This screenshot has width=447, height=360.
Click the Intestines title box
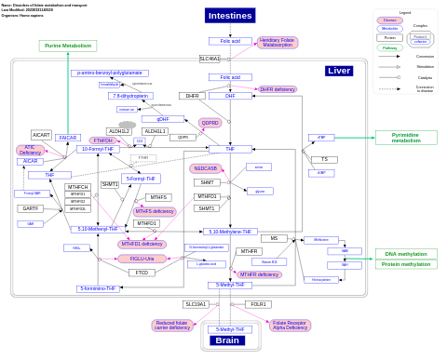(229, 16)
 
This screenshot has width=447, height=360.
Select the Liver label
(339, 71)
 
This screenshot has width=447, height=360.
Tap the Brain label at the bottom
(228, 340)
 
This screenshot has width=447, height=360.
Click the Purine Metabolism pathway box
(68, 46)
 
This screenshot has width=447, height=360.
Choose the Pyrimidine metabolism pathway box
(406, 138)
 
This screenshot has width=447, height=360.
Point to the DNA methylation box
(406, 254)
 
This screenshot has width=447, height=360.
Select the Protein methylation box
(406, 264)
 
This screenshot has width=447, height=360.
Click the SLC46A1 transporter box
(210, 59)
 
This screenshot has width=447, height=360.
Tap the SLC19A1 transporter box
(196, 304)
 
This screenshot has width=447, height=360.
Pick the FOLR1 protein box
(258, 304)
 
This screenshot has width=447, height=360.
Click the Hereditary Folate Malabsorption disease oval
(278, 43)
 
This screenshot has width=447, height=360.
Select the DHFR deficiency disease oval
(278, 89)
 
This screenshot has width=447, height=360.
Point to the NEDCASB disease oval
(206, 168)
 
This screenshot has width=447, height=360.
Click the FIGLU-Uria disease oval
(142, 259)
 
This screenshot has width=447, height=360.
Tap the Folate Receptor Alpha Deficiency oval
(289, 325)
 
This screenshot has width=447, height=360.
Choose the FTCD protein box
(142, 273)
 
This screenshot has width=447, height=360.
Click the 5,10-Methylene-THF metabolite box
(230, 232)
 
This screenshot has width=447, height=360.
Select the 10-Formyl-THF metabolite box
(98, 149)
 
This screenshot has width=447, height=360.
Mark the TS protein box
(323, 159)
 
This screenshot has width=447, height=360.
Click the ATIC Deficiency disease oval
(30, 150)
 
